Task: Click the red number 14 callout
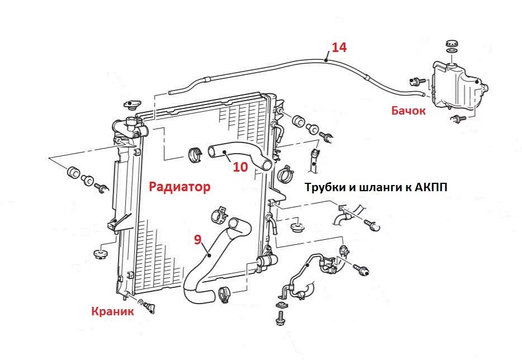(x=339, y=47)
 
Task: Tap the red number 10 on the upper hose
(x=240, y=167)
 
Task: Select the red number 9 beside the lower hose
(x=197, y=239)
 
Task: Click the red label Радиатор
(x=179, y=187)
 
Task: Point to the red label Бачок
(x=409, y=111)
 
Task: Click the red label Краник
(x=113, y=311)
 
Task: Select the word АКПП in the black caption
(x=431, y=187)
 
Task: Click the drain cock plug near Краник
(x=149, y=306)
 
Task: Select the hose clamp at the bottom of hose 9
(x=226, y=292)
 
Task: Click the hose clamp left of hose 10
(x=195, y=154)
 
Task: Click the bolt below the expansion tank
(x=458, y=118)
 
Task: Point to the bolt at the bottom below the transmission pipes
(x=279, y=319)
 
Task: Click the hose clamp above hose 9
(x=219, y=214)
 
